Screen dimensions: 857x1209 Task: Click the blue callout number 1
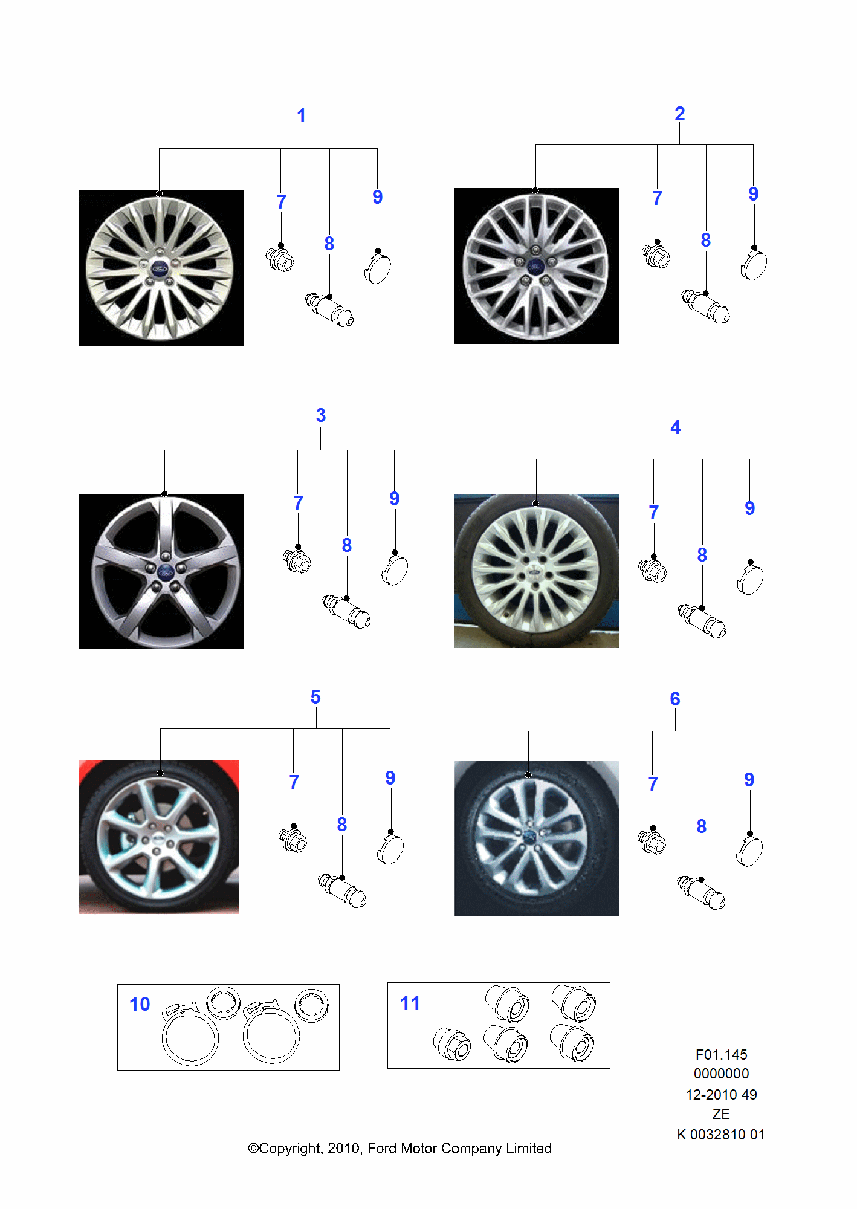click(302, 115)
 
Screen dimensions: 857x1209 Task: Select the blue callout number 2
click(680, 114)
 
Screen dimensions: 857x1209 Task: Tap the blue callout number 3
click(321, 415)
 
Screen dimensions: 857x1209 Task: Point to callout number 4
click(676, 427)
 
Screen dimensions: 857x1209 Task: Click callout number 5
click(315, 697)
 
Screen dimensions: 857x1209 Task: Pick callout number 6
click(675, 699)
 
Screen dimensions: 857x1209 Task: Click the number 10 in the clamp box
click(140, 1004)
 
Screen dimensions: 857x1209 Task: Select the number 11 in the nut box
click(410, 1003)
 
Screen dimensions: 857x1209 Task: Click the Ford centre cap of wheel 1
click(159, 268)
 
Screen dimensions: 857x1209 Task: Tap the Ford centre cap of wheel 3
click(165, 571)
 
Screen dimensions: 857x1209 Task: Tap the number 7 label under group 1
click(281, 202)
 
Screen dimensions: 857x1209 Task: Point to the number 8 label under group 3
click(347, 545)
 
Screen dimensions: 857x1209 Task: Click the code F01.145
click(722, 1055)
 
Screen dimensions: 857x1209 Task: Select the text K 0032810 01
click(721, 1135)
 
